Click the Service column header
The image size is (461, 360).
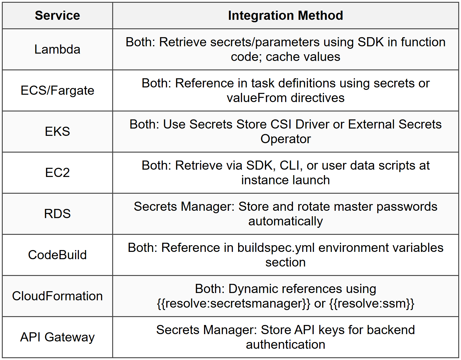coord(57,16)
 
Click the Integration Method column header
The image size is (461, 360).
coord(285,16)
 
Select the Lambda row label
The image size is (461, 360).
coord(57,49)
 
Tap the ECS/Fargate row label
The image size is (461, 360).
coord(57,90)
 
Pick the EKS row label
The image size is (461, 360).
coord(57,132)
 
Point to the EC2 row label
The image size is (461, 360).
coord(57,173)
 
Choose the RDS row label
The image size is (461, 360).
coord(57,214)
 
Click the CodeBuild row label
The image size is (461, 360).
coord(57,255)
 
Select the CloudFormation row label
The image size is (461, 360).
coord(57,296)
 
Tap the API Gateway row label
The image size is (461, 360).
coord(57,337)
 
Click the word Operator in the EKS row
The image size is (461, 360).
coord(285,139)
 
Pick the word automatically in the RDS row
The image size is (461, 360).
coord(285,221)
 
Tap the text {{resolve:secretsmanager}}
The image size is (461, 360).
coord(234,304)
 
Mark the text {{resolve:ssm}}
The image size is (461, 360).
coord(372,304)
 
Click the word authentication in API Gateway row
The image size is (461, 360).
coord(285,345)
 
